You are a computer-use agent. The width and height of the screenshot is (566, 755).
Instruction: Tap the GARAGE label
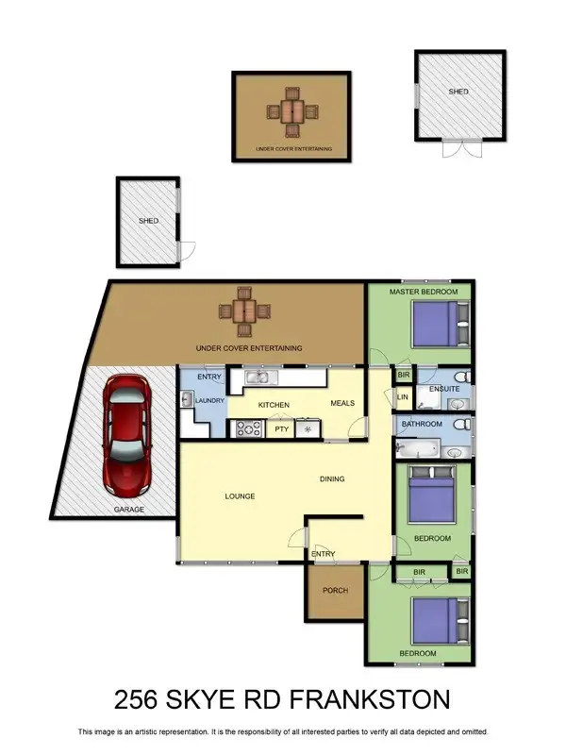(129, 510)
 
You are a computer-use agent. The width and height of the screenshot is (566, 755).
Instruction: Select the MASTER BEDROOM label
(424, 293)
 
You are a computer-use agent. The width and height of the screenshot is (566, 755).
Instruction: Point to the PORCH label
(335, 591)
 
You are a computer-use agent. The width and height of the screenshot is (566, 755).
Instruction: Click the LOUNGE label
(241, 495)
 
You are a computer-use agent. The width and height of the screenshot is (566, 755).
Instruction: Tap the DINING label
(331, 478)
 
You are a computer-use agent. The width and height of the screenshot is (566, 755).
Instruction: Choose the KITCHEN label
(274, 405)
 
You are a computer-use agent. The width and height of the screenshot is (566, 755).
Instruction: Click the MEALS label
(342, 404)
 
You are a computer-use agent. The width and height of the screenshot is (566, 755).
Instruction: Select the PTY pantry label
(281, 429)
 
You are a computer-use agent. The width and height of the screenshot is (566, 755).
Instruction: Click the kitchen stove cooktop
(248, 429)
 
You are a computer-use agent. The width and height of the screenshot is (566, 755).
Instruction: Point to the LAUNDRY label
(209, 401)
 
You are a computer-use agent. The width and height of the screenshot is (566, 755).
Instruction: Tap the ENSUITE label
(443, 388)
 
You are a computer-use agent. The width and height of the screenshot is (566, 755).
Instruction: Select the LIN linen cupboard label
(402, 397)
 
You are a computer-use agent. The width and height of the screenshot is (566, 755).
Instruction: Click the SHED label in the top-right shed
(458, 92)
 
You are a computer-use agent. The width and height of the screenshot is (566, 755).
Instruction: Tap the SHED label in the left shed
(148, 221)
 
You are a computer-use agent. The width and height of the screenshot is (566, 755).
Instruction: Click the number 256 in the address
(140, 699)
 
